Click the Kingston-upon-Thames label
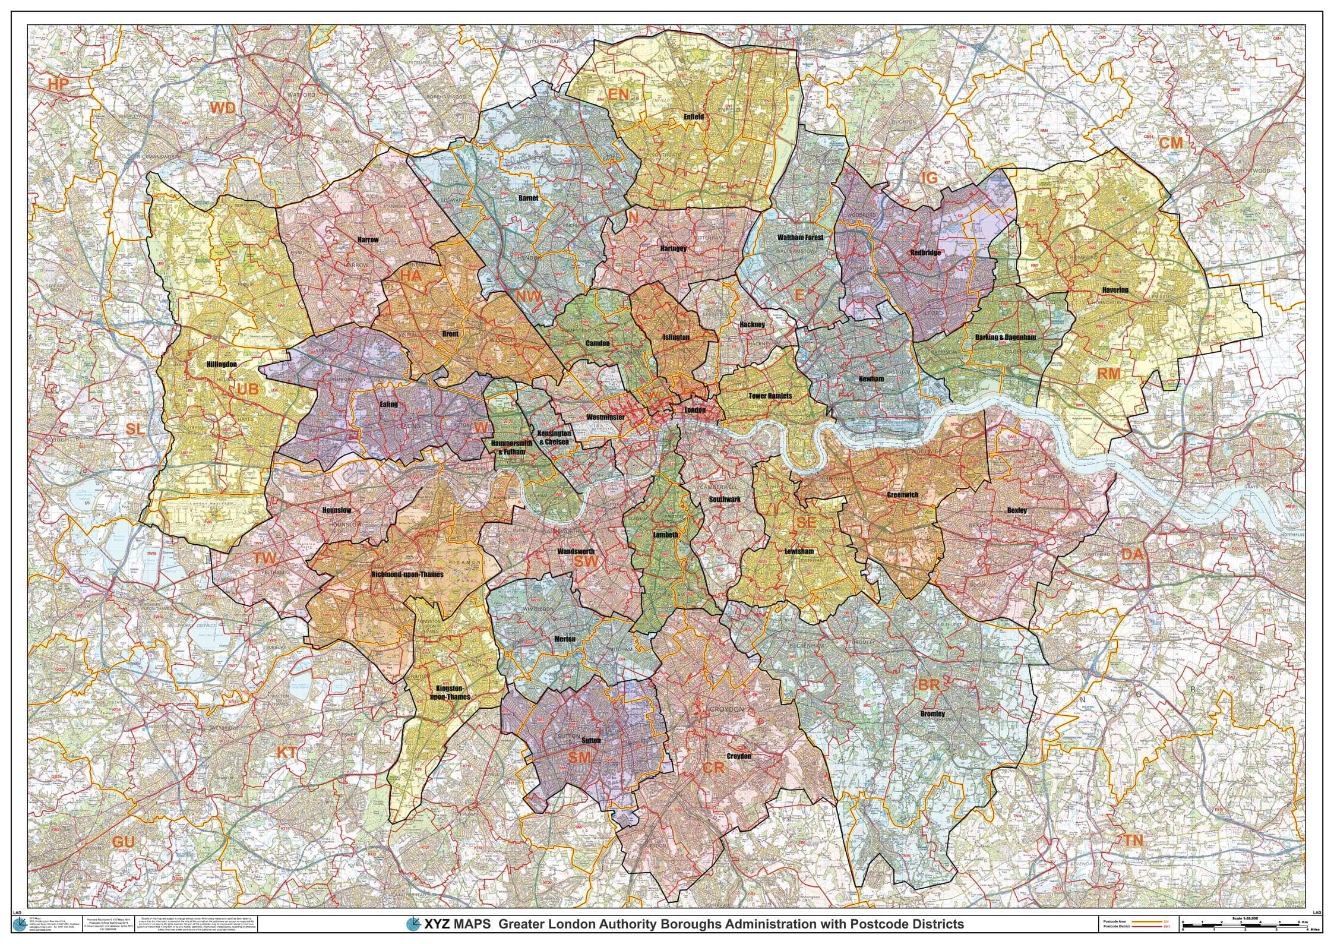[449, 692]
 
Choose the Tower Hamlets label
[770, 395]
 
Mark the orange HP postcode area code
[59, 84]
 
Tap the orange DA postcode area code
[1131, 554]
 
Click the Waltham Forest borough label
[800, 237]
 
